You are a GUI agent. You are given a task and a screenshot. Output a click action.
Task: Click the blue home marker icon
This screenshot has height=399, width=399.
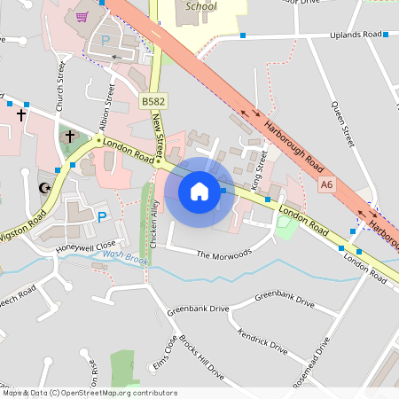coord(199,190)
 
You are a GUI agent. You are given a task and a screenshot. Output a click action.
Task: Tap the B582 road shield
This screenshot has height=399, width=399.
coord(152,104)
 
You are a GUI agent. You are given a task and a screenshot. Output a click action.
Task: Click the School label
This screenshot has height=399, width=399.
coord(201,6)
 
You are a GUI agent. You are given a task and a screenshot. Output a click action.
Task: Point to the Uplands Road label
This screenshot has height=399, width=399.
coord(356,34)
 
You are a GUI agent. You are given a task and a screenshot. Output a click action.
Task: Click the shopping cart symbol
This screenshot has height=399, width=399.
coord(82,16)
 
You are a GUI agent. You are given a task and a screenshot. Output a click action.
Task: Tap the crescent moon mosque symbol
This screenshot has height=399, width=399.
coord(44,187)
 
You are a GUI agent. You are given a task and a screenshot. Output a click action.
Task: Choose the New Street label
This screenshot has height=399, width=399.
coord(160,132)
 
